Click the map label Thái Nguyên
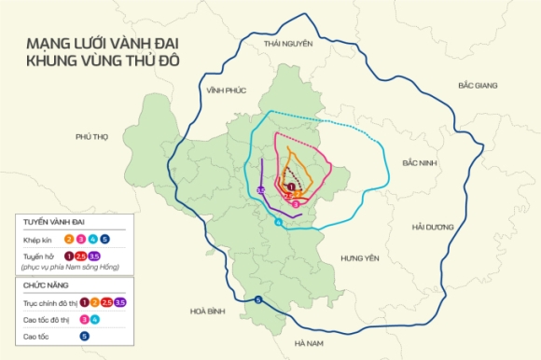click(285, 44)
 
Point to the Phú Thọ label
click(92, 136)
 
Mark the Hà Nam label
click(309, 343)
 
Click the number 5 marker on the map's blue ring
click(257, 299)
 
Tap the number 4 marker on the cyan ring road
click(278, 223)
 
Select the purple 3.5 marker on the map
click(262, 191)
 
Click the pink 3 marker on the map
click(296, 202)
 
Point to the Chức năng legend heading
click(49, 286)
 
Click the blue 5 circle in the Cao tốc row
click(84, 335)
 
